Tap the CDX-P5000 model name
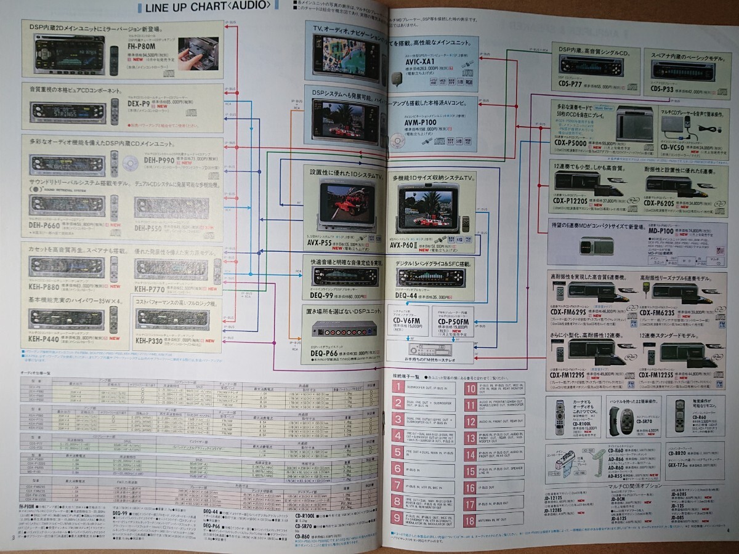coord(570,144)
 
